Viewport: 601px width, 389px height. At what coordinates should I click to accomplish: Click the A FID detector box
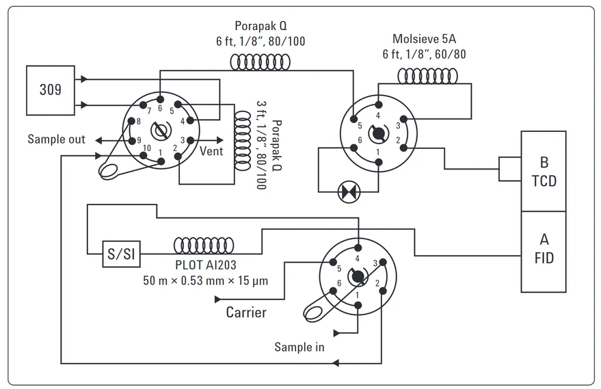[544, 250]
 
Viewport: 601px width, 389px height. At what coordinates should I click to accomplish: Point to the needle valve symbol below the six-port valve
[349, 191]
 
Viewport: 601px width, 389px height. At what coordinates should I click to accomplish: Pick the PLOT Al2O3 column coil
[204, 245]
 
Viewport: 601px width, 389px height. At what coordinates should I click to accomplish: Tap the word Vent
[211, 151]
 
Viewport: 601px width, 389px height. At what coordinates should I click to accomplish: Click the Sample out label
[56, 139]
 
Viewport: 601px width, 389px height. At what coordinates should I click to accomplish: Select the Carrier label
[246, 313]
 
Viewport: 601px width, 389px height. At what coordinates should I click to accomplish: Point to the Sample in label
[299, 347]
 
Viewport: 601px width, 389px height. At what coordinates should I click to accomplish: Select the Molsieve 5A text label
[429, 38]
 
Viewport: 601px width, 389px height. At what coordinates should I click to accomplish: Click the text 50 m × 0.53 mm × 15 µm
[205, 280]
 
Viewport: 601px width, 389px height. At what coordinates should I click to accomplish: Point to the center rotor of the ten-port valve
[162, 130]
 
